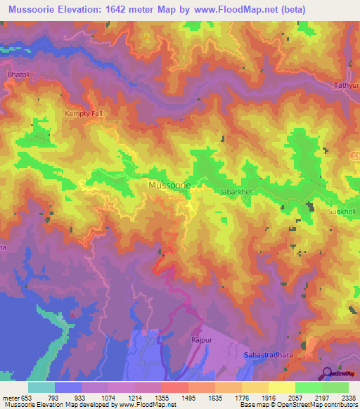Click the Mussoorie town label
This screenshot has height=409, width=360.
point(169,186)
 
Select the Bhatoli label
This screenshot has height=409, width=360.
point(17,73)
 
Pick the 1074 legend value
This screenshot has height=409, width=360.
point(108,396)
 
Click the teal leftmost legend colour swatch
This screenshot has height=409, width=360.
point(41,387)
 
